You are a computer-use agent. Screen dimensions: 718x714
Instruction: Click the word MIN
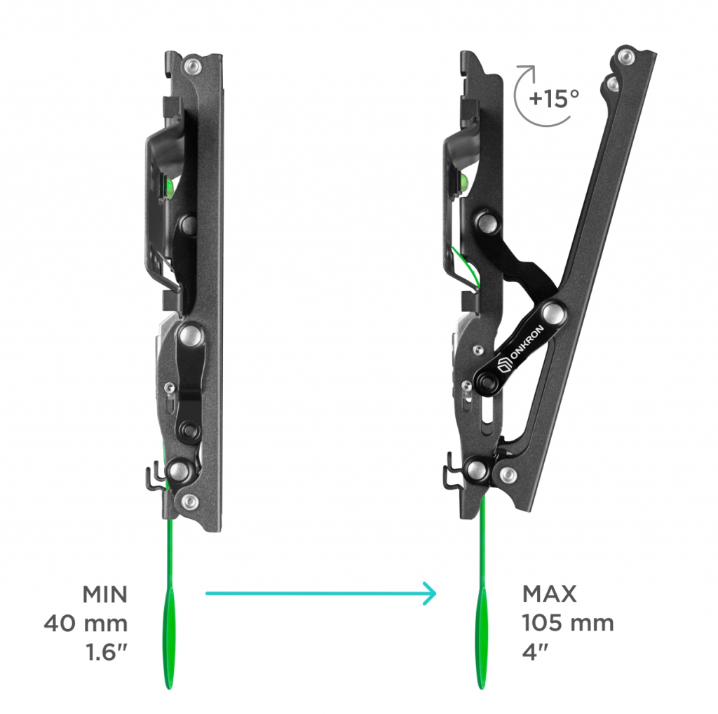[x=105, y=595]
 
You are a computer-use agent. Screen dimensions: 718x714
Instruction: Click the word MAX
[x=550, y=594]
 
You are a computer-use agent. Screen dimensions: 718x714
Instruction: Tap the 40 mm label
[x=86, y=624]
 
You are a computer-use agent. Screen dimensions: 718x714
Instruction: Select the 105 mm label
[x=568, y=623]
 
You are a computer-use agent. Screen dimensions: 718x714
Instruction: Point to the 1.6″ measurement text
[x=107, y=652]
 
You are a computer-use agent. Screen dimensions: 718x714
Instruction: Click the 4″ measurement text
[x=535, y=652]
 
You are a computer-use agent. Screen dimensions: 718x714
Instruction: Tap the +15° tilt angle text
[x=554, y=98]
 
